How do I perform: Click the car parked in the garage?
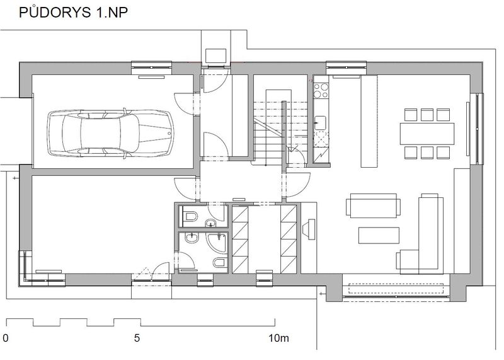[110, 134]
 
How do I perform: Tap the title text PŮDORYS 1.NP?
[74, 13]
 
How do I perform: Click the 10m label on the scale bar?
[278, 338]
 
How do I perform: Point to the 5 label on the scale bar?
[137, 338]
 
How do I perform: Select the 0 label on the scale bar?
[6, 338]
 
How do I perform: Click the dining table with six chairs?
[427, 134]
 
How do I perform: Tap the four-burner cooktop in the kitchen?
[321, 90]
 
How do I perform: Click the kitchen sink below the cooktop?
[320, 123]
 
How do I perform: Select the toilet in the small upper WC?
[190, 216]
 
